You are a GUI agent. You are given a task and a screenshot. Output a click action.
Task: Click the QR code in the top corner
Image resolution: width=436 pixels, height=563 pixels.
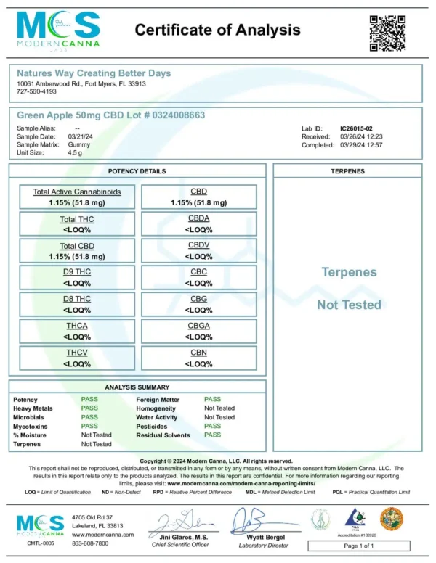(387, 33)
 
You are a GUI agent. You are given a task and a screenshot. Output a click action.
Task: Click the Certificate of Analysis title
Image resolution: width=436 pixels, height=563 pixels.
(217, 30)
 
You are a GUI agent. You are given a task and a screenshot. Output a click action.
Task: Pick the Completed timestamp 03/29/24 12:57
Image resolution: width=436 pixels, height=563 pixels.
(362, 145)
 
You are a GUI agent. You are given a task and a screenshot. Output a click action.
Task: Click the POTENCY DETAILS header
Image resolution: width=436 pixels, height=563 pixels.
(137, 171)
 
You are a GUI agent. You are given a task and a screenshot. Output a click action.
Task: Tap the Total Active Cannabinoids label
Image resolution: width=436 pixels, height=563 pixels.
(77, 192)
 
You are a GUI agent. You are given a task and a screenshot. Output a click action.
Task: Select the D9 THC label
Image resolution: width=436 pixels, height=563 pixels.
(77, 273)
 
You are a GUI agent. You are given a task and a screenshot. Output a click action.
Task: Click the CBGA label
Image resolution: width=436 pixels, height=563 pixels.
(199, 326)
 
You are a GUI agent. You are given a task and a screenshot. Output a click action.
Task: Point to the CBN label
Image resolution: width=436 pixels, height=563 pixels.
(199, 353)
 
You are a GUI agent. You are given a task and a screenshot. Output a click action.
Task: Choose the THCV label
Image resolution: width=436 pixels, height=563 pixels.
(77, 353)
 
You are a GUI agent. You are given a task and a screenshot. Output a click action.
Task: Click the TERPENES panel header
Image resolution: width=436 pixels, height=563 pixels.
(347, 171)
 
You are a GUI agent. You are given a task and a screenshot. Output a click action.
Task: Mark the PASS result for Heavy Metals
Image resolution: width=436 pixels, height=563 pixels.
(89, 408)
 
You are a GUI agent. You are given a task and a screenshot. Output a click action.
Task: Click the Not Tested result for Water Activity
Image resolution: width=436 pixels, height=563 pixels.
(219, 417)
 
